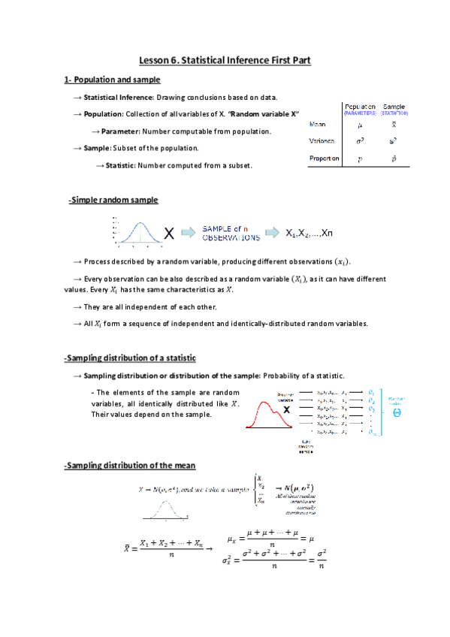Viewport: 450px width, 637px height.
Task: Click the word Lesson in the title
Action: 156,59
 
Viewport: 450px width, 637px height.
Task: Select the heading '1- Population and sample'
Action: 111,80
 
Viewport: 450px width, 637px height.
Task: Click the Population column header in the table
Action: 360,107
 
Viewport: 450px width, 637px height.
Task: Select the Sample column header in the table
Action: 394,107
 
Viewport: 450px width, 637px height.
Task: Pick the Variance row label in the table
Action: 322,140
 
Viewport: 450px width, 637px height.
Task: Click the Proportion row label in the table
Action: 325,158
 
